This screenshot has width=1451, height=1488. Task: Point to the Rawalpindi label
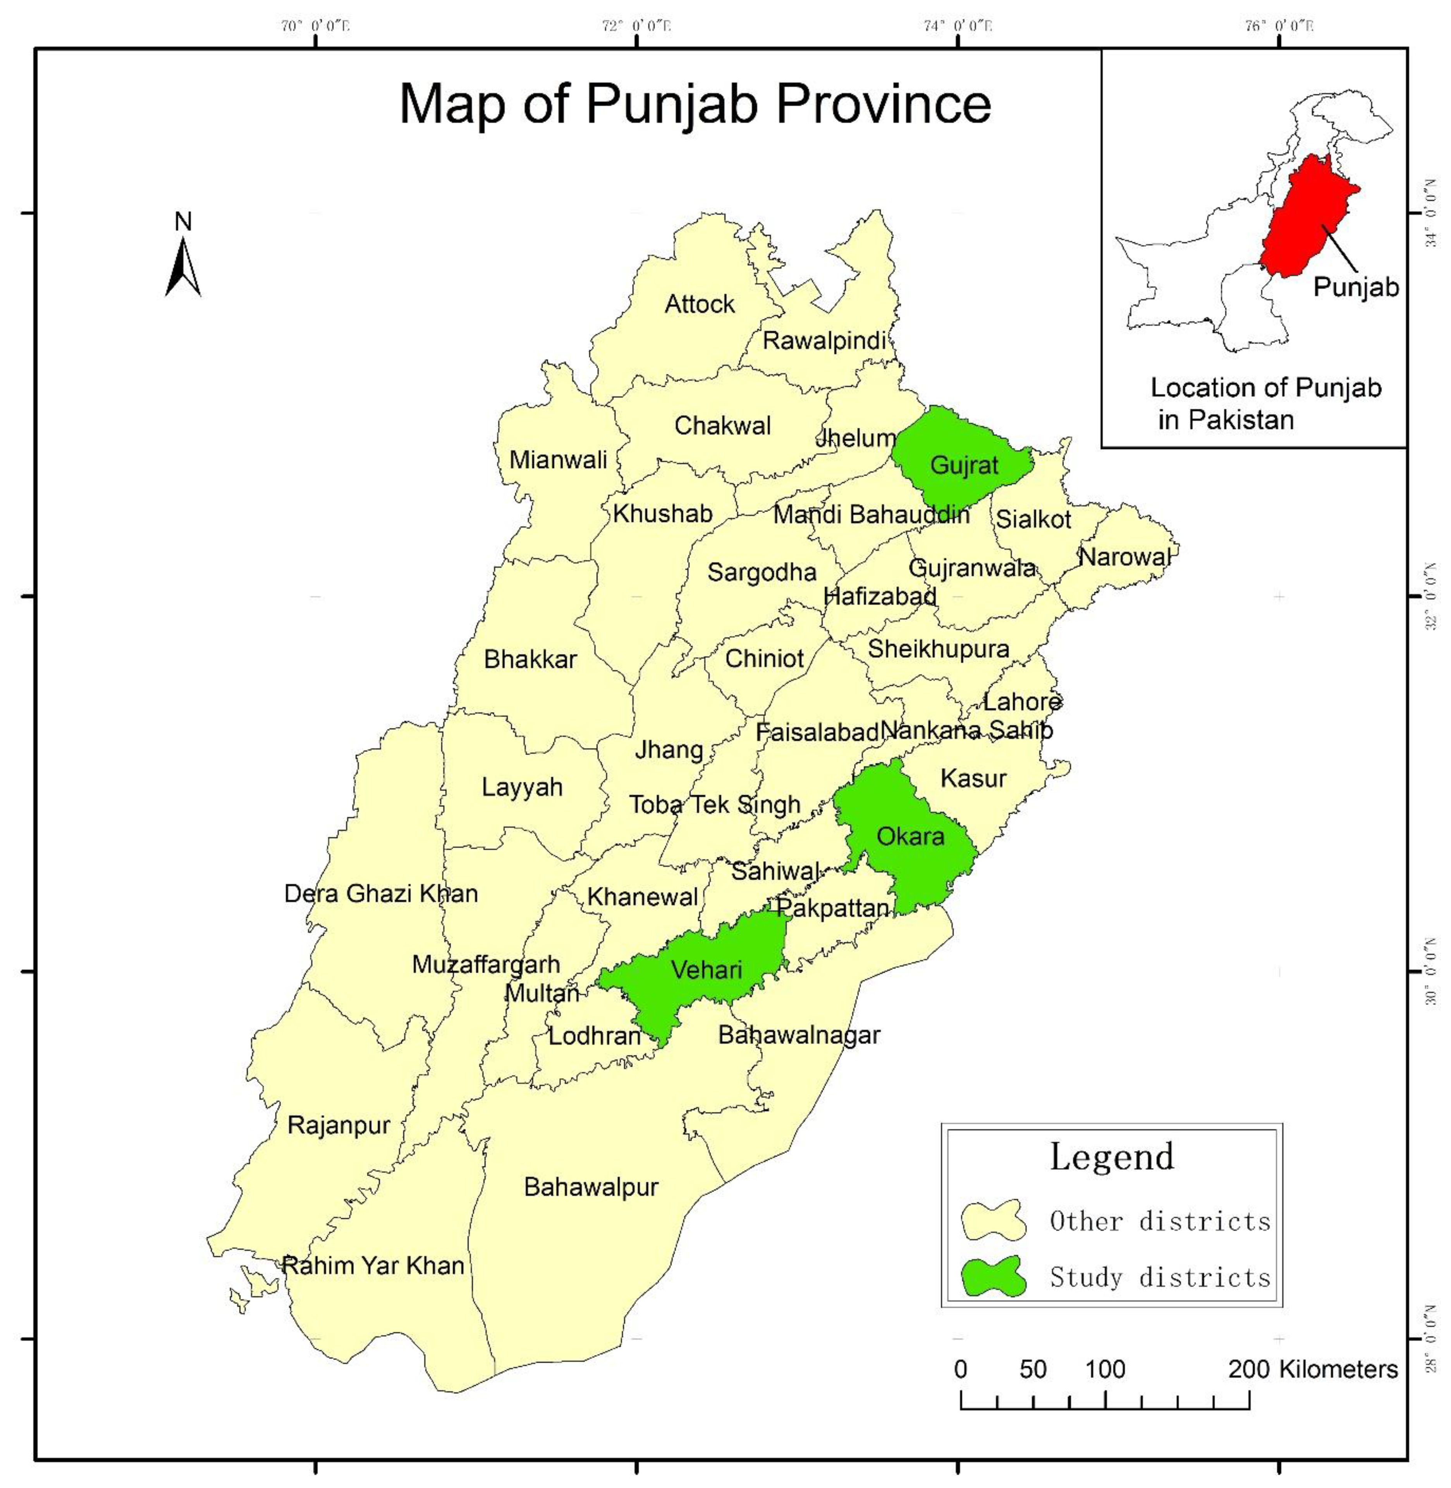pos(824,341)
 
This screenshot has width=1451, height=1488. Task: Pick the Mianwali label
pos(558,460)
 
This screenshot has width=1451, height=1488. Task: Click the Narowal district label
pos(1124,557)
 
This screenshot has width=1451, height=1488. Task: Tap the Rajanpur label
pos(339,1125)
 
